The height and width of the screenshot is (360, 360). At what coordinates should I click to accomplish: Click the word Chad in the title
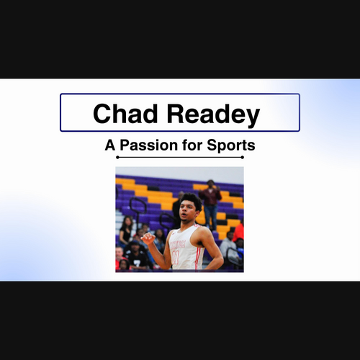pyautogui.click(x=125, y=113)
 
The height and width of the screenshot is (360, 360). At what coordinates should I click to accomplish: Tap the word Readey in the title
pyautogui.click(x=213, y=115)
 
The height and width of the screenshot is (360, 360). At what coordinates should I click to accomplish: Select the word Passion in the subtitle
pyautogui.click(x=149, y=145)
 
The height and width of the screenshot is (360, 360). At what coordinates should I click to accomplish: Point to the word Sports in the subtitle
pyautogui.click(x=231, y=145)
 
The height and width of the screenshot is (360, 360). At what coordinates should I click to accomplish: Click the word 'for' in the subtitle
pyautogui.click(x=192, y=145)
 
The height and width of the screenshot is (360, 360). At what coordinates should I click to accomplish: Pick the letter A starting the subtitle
pyautogui.click(x=110, y=145)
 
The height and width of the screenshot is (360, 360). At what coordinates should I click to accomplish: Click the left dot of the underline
pyautogui.click(x=117, y=158)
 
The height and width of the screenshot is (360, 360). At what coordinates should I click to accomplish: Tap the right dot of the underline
pyautogui.click(x=243, y=158)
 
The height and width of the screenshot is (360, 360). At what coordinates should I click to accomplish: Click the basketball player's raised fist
pyautogui.click(x=148, y=238)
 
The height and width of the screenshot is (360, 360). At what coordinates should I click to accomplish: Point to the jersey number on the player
pyautogui.click(x=176, y=257)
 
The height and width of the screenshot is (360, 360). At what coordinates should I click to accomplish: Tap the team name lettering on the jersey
pyautogui.click(x=178, y=245)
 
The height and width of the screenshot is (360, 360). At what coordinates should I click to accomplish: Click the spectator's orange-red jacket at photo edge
pyautogui.click(x=239, y=232)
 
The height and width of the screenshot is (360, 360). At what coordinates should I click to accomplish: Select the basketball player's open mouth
pyautogui.click(x=184, y=215)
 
